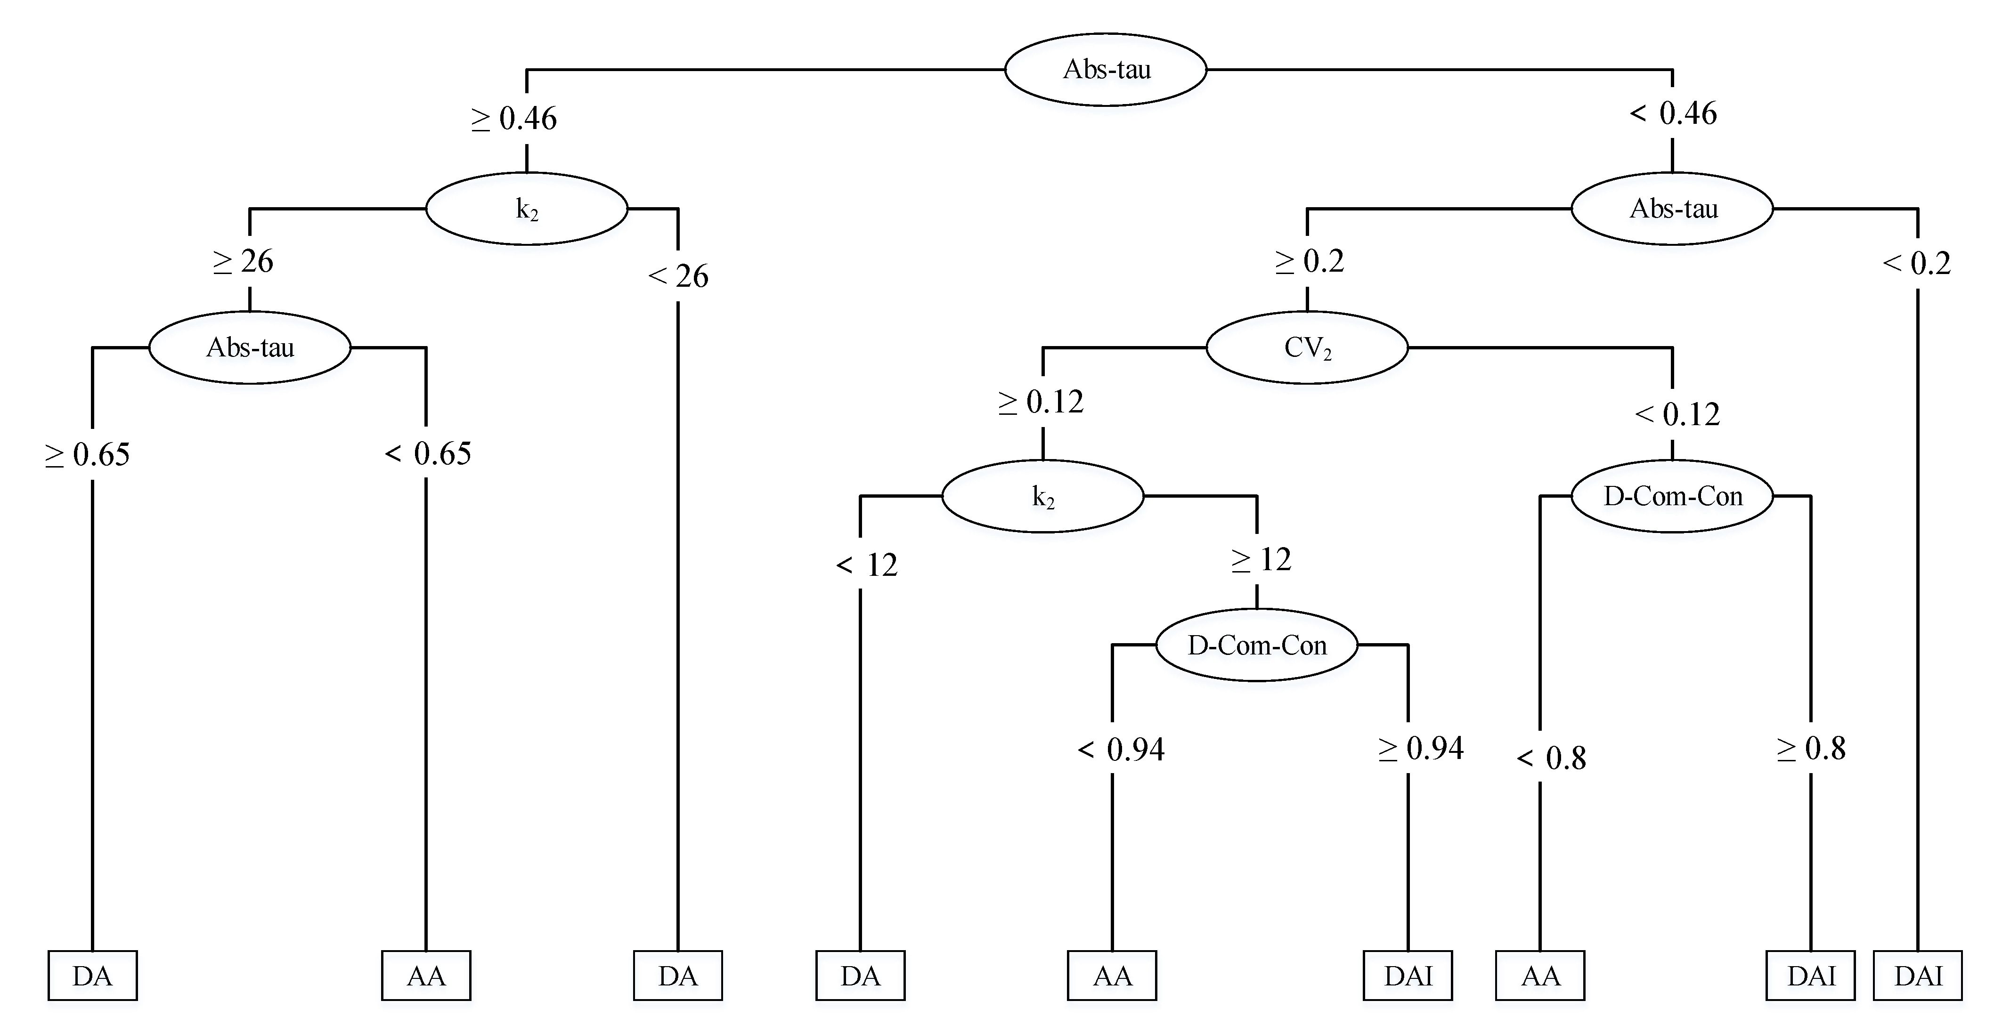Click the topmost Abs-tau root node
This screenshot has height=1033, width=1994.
click(1106, 70)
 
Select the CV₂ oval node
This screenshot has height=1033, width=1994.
click(1307, 347)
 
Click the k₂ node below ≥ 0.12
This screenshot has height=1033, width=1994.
click(1042, 496)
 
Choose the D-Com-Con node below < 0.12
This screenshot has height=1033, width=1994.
click(1672, 496)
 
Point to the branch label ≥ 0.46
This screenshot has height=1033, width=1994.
click(514, 118)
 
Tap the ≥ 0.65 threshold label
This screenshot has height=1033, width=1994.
click(87, 455)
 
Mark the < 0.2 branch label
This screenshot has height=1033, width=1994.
click(1917, 264)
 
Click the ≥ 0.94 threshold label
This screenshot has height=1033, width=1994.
click(1421, 748)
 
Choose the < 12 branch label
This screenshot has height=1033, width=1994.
click(867, 565)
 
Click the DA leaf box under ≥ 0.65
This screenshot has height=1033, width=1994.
click(92, 976)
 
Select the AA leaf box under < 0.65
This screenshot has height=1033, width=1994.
click(426, 976)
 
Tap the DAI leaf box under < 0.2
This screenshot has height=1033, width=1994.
click(1918, 976)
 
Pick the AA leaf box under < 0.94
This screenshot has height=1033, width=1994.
click(1112, 976)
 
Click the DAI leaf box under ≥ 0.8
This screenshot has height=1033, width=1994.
click(1811, 976)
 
